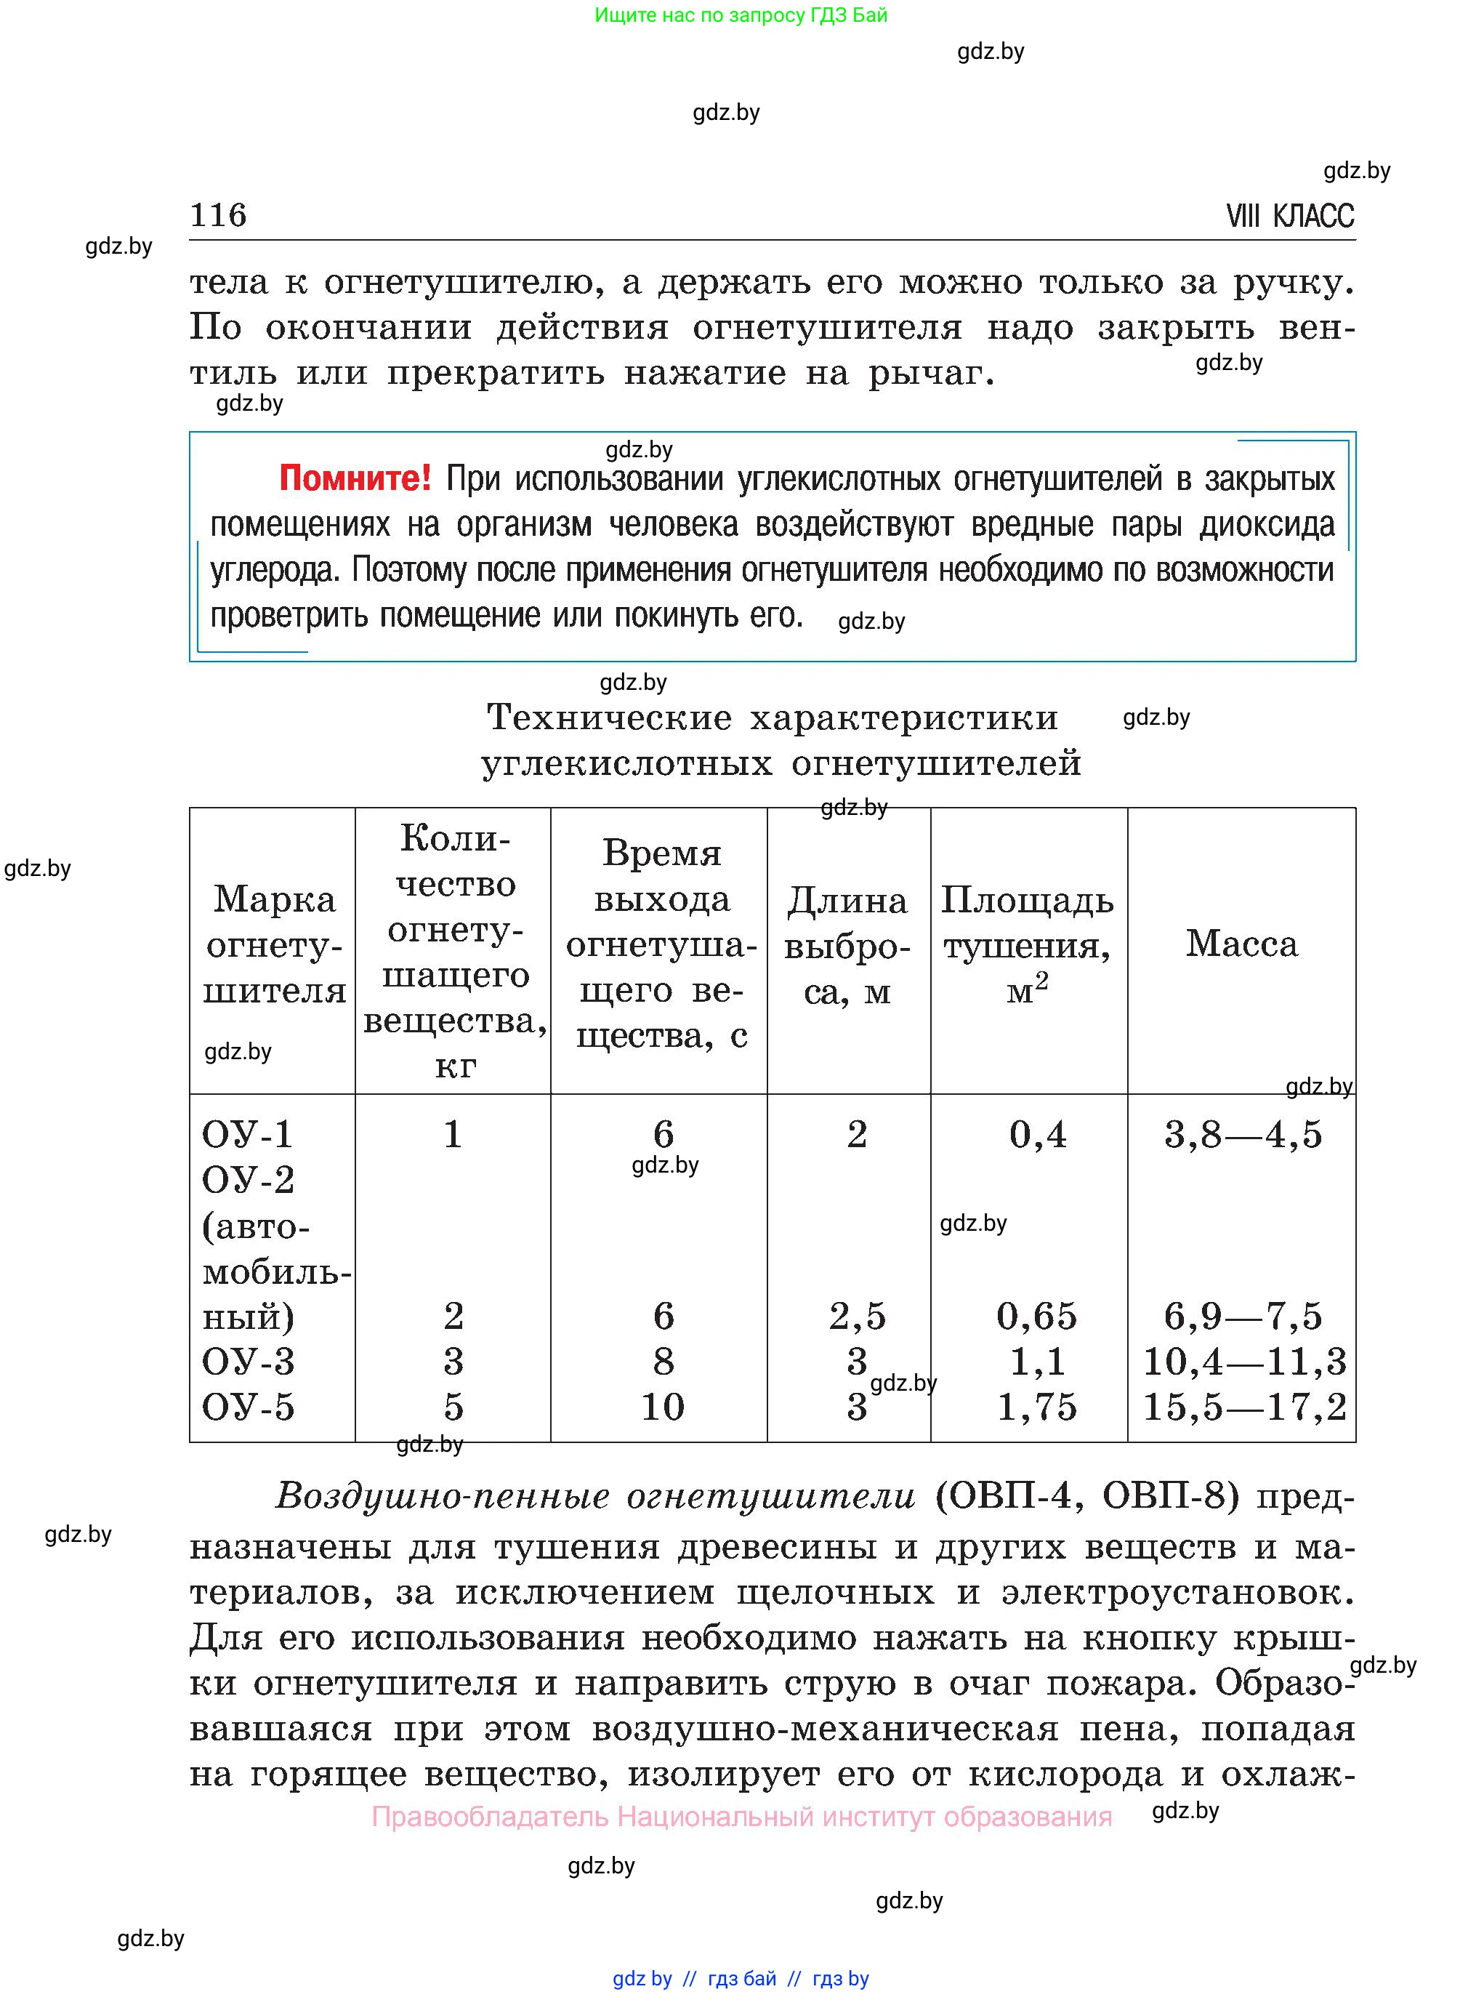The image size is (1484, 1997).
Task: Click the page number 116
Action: [218, 216]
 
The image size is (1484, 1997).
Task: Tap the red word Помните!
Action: [355, 478]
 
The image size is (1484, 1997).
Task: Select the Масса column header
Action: [1241, 944]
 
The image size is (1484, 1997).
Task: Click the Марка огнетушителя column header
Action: [274, 944]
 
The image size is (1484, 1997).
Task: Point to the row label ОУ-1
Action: [247, 1135]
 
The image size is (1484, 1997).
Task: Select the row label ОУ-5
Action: [248, 1407]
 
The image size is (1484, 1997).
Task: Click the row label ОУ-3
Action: [248, 1362]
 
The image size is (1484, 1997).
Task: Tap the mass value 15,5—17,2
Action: [1244, 1407]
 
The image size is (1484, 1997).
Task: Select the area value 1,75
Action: [1036, 1407]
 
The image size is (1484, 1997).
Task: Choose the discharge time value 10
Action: [662, 1407]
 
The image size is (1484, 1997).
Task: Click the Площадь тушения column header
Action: [1028, 944]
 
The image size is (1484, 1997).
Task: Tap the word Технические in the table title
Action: [609, 718]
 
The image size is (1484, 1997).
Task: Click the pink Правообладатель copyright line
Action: [741, 1817]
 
